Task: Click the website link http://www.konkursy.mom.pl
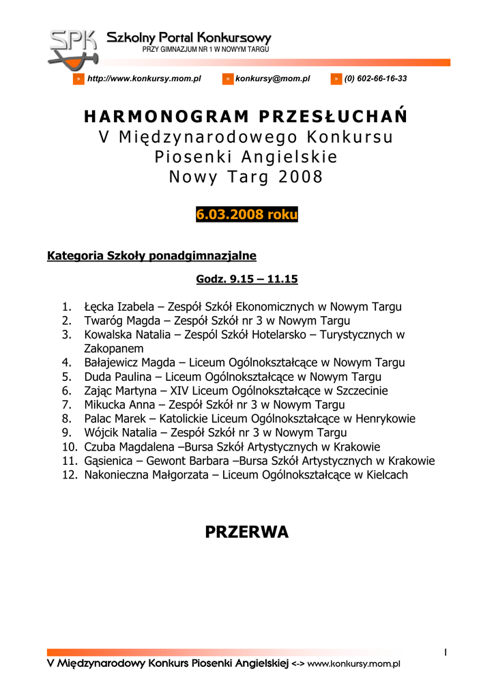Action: click(x=144, y=79)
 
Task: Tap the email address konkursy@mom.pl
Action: click(x=272, y=79)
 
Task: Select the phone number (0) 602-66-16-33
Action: click(x=375, y=79)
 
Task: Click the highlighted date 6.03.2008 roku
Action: click(x=247, y=214)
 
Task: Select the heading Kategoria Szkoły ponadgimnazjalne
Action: click(x=151, y=256)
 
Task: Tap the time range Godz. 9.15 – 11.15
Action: click(x=247, y=279)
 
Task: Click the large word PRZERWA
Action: click(x=247, y=532)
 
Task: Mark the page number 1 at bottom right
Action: click(x=445, y=653)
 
